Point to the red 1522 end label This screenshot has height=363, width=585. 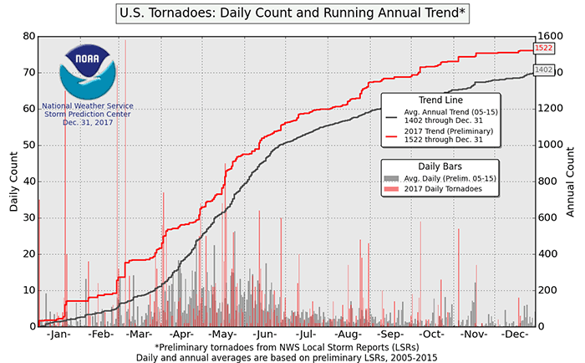543,49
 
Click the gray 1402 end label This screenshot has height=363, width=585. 543,70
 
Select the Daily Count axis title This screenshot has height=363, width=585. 15,181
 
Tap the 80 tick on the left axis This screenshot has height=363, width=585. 29,37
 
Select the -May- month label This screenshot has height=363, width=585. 218,335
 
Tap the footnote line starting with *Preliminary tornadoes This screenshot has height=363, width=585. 292,346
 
